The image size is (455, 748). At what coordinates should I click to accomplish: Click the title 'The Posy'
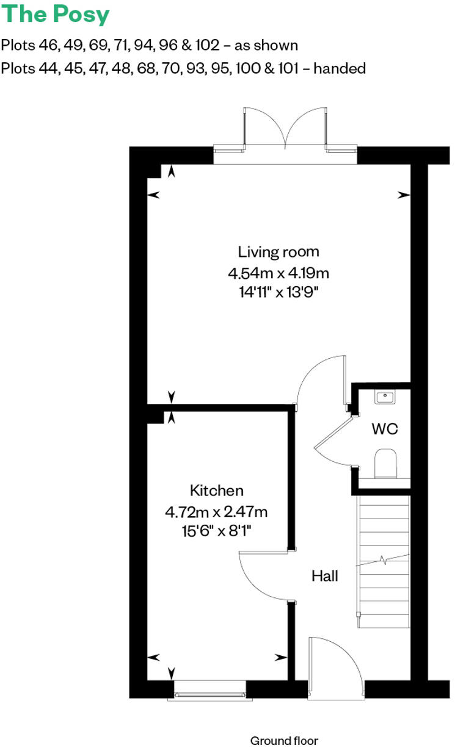[x=56, y=15]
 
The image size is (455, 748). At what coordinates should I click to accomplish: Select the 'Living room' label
[x=278, y=251]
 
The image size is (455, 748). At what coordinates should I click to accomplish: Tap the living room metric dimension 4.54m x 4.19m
[x=278, y=272]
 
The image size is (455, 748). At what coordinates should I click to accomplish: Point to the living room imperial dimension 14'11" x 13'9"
[x=278, y=292]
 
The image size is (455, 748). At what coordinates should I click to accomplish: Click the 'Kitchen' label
[x=217, y=491]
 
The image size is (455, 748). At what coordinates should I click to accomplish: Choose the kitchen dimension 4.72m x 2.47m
[x=217, y=511]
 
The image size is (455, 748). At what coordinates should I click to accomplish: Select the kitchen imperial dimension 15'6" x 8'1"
[x=217, y=531]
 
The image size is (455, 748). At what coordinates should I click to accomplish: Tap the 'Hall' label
[x=324, y=575]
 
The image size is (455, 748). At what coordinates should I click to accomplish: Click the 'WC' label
[x=385, y=429]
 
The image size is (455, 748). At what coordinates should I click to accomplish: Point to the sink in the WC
[x=385, y=397]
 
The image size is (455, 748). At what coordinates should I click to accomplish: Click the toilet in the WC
[x=386, y=464]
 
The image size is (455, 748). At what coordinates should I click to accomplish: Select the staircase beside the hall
[x=383, y=561]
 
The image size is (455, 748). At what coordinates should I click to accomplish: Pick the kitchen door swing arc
[x=260, y=577]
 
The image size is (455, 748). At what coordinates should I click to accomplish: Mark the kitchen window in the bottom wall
[x=210, y=689]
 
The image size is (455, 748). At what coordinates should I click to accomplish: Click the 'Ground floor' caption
[x=284, y=741]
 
